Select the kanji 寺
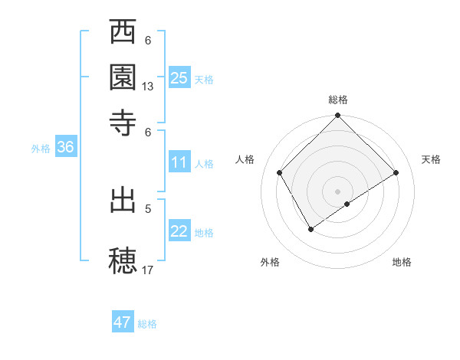(123, 122)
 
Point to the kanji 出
(123, 201)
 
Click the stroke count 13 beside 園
(148, 87)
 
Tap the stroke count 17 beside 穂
(148, 270)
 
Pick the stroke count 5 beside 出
(148, 207)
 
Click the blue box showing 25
(179, 77)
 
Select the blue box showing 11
(179, 162)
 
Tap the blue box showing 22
(179, 231)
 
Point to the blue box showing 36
(65, 148)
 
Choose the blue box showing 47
(123, 322)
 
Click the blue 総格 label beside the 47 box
(147, 324)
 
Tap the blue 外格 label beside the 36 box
(41, 149)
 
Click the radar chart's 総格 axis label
(338, 100)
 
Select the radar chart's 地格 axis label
(402, 262)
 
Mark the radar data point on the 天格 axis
(396, 173)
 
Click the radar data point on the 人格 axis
(280, 173)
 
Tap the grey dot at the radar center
(338, 191)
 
